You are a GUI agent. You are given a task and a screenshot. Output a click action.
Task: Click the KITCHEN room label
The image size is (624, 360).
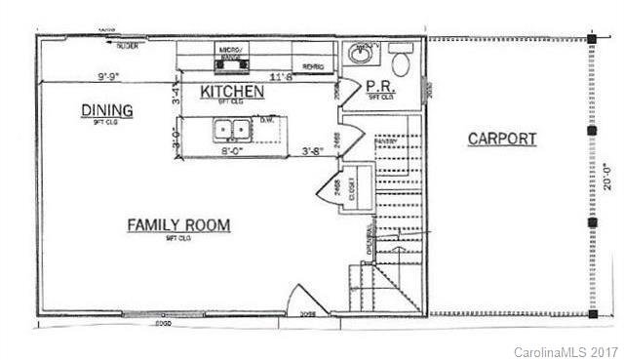pyautogui.click(x=232, y=91)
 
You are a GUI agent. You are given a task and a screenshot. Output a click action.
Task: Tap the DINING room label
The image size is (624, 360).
pyautogui.click(x=106, y=111)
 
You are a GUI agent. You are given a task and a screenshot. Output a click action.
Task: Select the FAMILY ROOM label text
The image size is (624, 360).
pyautogui.click(x=178, y=225)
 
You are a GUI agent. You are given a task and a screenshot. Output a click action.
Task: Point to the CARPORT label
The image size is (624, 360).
pyautogui.click(x=501, y=139)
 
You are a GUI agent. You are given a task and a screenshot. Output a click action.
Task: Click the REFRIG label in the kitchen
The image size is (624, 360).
pyautogui.click(x=313, y=66)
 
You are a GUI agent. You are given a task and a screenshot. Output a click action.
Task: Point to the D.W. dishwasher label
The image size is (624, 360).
pyautogui.click(x=266, y=121)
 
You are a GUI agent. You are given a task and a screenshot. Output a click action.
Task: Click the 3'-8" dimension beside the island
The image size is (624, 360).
pyautogui.click(x=313, y=151)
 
